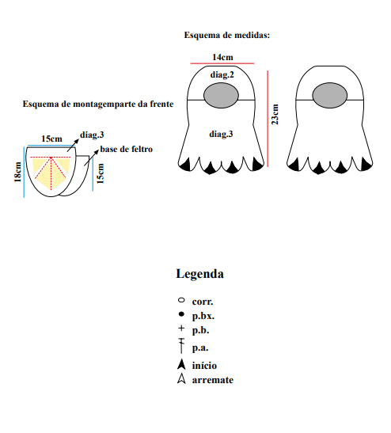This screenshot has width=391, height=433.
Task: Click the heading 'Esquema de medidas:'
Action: tap(226, 35)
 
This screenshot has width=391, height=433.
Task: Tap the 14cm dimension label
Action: tap(222, 57)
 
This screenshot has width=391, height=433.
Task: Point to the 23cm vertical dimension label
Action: tap(275, 114)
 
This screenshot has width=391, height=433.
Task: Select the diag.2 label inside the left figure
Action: tap(222, 75)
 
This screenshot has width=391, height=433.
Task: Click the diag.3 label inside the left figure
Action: tap(221, 135)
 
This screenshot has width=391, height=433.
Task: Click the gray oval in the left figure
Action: tap(221, 95)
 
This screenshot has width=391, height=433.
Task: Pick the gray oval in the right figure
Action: tap(330, 95)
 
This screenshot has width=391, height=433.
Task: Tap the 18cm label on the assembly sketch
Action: tap(17, 172)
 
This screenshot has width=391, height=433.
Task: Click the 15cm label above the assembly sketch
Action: tap(51, 139)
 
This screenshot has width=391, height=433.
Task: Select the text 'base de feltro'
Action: tap(126, 149)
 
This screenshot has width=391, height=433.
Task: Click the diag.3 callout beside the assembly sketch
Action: tap(92, 135)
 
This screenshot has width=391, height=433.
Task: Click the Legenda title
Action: tap(199, 274)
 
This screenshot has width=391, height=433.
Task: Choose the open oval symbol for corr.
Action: tap(181, 300)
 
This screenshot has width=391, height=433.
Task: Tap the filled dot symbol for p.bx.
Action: tap(181, 314)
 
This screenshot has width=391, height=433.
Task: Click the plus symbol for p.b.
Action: tap(181, 328)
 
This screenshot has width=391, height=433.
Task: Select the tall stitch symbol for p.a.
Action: tap(181, 346)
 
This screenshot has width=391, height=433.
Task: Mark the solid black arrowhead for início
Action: tap(181, 364)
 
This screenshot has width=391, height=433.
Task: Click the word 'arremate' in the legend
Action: tap(213, 380)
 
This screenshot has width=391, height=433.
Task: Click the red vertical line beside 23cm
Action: tap(268, 119)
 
